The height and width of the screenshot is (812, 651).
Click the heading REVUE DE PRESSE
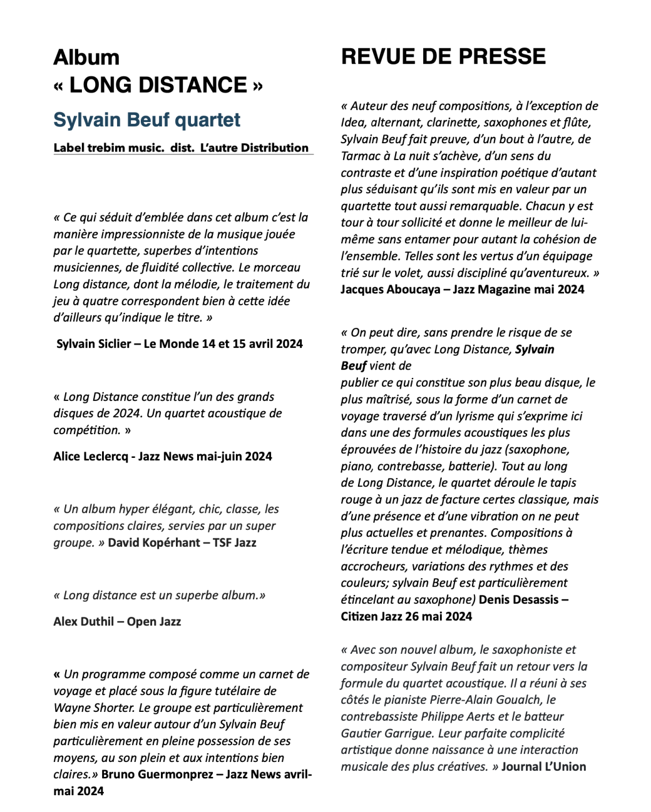pos(443,57)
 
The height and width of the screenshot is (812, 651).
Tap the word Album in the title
pos(86,58)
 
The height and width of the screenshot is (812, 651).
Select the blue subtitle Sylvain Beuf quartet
pos(146,119)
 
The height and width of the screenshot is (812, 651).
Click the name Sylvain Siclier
pos(93,344)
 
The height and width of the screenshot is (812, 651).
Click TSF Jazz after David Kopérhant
pos(234,543)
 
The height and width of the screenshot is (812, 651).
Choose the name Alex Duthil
pos(83,622)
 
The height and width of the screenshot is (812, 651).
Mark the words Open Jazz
pos(154,622)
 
